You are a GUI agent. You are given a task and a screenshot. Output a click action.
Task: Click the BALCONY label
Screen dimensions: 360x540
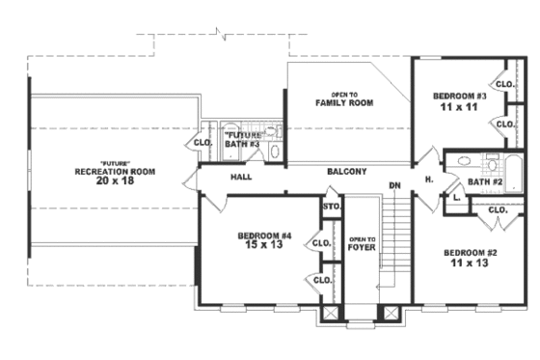pyautogui.click(x=346, y=172)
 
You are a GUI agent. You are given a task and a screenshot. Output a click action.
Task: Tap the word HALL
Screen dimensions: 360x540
pyautogui.click(x=241, y=178)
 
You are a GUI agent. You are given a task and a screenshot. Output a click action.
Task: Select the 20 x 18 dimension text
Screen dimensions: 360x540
pyautogui.click(x=115, y=180)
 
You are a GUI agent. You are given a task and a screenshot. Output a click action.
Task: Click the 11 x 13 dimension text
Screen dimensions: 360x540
pyautogui.click(x=471, y=263)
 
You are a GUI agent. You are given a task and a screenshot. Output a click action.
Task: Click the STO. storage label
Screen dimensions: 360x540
pyautogui.click(x=331, y=206)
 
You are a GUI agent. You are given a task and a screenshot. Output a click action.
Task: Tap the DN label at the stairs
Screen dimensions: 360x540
pyautogui.click(x=393, y=185)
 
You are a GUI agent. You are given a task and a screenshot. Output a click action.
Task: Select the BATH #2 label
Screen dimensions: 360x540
pyautogui.click(x=485, y=181)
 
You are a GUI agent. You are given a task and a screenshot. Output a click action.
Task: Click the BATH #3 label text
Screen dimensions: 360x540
pyautogui.click(x=242, y=145)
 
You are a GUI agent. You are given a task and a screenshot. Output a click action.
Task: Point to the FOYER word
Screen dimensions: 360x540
pyautogui.click(x=361, y=247)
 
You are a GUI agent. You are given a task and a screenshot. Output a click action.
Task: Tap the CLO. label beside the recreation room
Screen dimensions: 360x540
pyautogui.click(x=202, y=143)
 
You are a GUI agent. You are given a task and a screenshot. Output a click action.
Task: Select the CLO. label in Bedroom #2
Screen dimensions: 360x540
pyautogui.click(x=499, y=236)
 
